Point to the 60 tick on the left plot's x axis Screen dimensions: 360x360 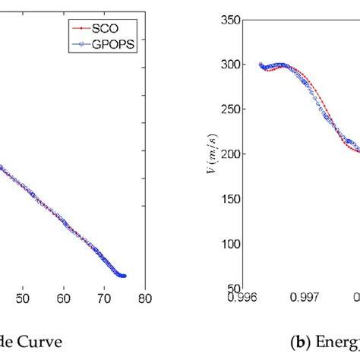(65, 298)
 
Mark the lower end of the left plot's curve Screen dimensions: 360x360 (123, 276)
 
